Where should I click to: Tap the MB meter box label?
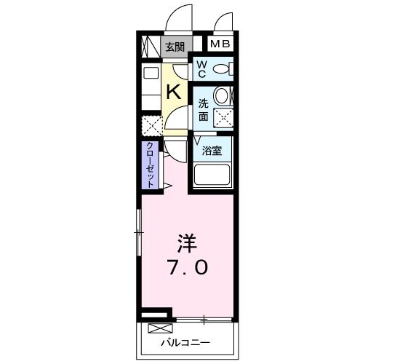[220, 44]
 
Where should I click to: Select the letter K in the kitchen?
[174, 92]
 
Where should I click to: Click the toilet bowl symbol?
[223, 70]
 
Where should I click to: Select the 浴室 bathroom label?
[212, 150]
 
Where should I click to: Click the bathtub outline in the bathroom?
[212, 175]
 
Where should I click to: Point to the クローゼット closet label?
[151, 165]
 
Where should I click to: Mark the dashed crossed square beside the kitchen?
[151, 127]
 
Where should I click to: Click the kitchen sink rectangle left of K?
[151, 72]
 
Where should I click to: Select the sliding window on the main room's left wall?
[138, 232]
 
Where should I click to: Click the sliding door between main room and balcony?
[204, 320]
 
